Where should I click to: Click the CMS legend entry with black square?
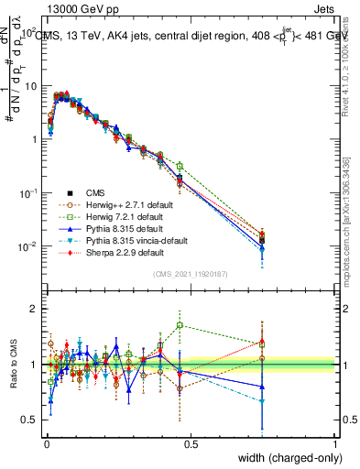[x=97, y=192]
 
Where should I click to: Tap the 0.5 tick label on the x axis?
[x=191, y=443]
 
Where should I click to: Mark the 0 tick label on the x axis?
[x=46, y=443]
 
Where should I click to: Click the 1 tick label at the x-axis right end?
[x=335, y=443]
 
